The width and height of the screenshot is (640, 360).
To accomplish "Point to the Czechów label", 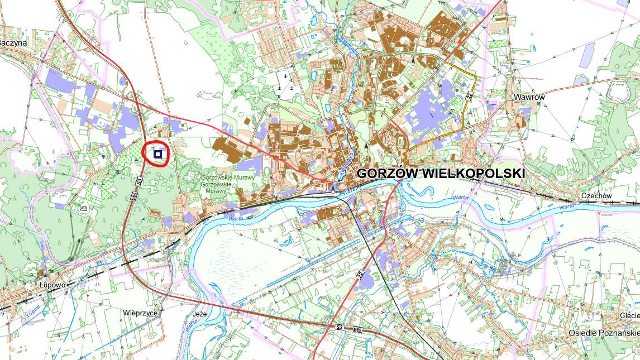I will tap(596, 196).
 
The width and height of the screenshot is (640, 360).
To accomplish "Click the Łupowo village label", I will tap(52, 284).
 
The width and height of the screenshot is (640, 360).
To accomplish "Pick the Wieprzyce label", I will tap(140, 313).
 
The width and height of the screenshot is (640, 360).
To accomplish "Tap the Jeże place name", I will tap(199, 314).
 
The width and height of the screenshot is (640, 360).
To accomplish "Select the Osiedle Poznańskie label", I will tap(603, 333).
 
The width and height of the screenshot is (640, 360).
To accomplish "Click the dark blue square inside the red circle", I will tap(158, 153).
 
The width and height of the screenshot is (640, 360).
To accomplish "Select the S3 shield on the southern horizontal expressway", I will tap(340, 327).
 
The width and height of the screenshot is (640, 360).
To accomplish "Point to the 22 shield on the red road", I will tap(360, 275).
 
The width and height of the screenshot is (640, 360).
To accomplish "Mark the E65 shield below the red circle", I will tap(134, 196).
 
